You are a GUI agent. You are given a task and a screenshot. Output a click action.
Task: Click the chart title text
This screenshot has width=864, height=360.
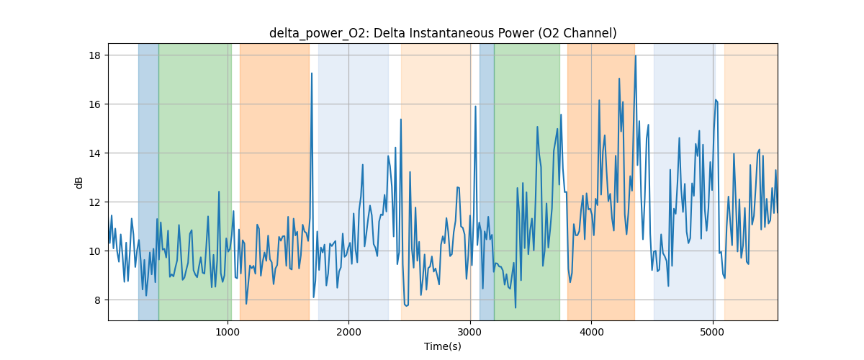tap(443, 33)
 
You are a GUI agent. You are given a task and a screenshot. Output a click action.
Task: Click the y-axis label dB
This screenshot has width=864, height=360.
tap(79, 182)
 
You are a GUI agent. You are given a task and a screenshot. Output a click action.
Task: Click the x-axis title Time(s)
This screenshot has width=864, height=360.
tap(443, 346)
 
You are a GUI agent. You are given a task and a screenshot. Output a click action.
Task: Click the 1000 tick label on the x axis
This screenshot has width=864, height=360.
tap(228, 332)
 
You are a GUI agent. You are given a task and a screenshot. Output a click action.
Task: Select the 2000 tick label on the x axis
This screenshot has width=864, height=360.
tap(348, 332)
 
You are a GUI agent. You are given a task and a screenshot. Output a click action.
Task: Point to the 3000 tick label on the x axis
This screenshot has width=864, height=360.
tap(469, 332)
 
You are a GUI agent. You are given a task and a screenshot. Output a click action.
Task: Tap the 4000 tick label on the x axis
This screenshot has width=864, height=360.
tap(591, 332)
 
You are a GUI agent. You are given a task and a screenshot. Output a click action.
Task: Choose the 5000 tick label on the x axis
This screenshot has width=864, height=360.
tap(712, 332)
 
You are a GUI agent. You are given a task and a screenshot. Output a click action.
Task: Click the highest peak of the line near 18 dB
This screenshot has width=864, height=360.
tap(635, 56)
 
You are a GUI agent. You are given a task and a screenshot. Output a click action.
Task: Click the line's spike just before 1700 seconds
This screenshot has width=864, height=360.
tap(312, 73)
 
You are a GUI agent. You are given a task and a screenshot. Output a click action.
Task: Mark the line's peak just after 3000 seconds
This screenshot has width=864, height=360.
tap(476, 107)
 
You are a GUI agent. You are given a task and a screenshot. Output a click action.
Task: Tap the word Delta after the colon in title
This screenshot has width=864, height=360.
tap(391, 33)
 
